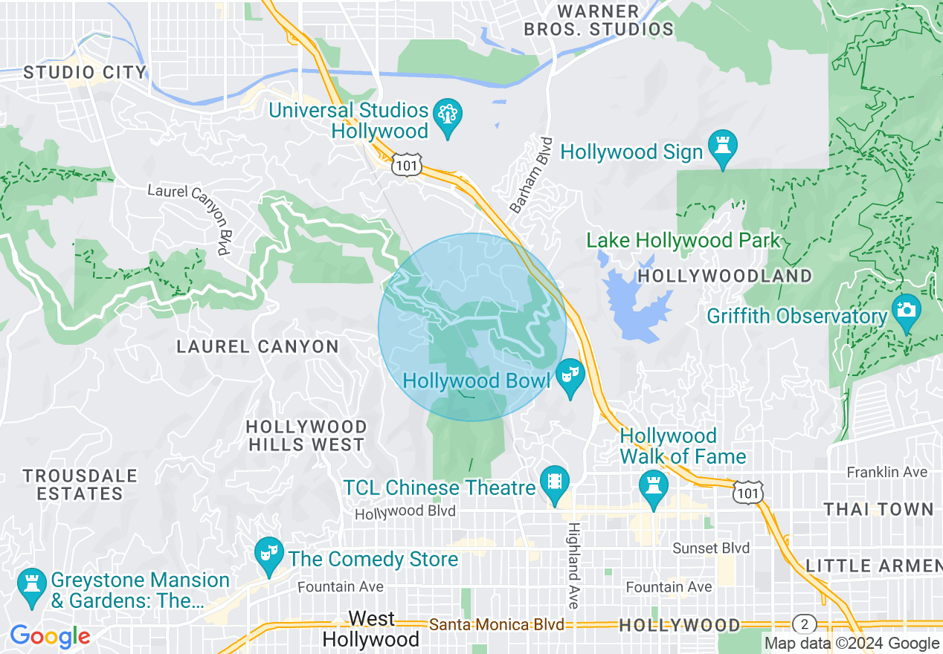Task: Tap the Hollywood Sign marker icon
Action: click(x=721, y=147)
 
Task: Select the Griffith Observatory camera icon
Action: click(x=906, y=311)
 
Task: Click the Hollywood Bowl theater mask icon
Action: click(x=570, y=375)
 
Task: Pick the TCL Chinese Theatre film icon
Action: click(x=555, y=482)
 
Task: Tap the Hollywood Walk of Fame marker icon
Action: click(x=654, y=488)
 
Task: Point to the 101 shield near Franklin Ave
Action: click(x=744, y=492)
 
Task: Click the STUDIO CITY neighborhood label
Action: click(x=85, y=73)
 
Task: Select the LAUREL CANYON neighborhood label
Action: click(x=257, y=346)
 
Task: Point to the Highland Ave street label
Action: click(x=574, y=565)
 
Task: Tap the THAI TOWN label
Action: click(x=878, y=509)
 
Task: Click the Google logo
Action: click(x=50, y=636)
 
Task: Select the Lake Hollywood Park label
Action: click(x=683, y=241)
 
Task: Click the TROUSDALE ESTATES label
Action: click(x=80, y=485)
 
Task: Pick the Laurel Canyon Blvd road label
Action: click(x=190, y=215)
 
